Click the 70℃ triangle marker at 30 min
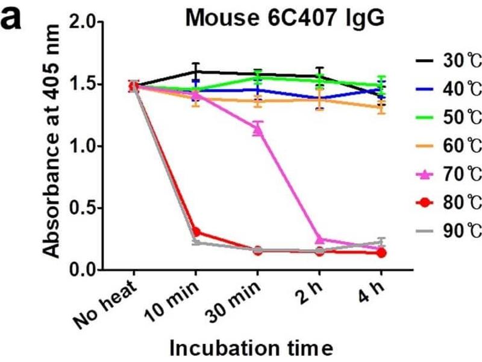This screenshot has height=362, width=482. click(257, 130)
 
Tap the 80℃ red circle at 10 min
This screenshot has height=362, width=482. click(195, 232)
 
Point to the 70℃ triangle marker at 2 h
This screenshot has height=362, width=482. click(319, 240)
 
